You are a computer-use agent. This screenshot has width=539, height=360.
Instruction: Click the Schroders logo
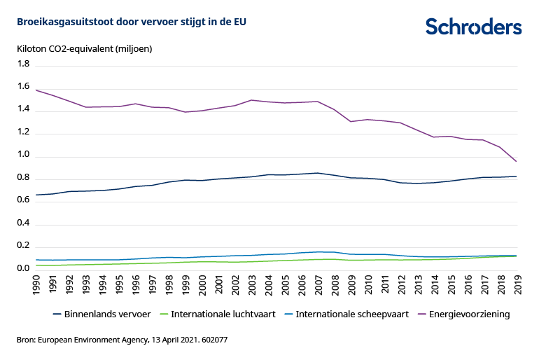(474, 27)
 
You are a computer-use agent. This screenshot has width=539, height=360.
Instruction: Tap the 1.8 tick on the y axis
(23, 64)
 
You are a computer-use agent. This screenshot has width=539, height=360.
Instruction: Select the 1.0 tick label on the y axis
(23, 155)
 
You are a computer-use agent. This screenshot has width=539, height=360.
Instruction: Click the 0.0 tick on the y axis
(23, 269)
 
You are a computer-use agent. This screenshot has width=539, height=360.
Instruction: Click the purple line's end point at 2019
(517, 162)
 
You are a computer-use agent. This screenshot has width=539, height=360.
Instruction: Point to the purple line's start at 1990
(36, 90)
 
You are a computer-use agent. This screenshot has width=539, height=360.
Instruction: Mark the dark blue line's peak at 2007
(318, 173)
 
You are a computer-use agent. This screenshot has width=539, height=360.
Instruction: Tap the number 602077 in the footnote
(213, 340)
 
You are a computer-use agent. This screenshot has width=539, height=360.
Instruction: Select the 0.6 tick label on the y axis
(23, 201)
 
